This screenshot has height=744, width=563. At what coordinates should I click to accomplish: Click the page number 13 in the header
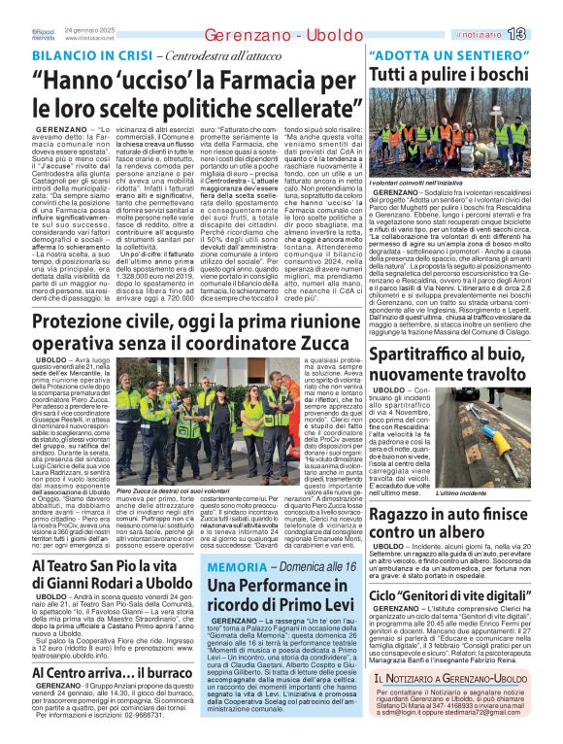point(544,34)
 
